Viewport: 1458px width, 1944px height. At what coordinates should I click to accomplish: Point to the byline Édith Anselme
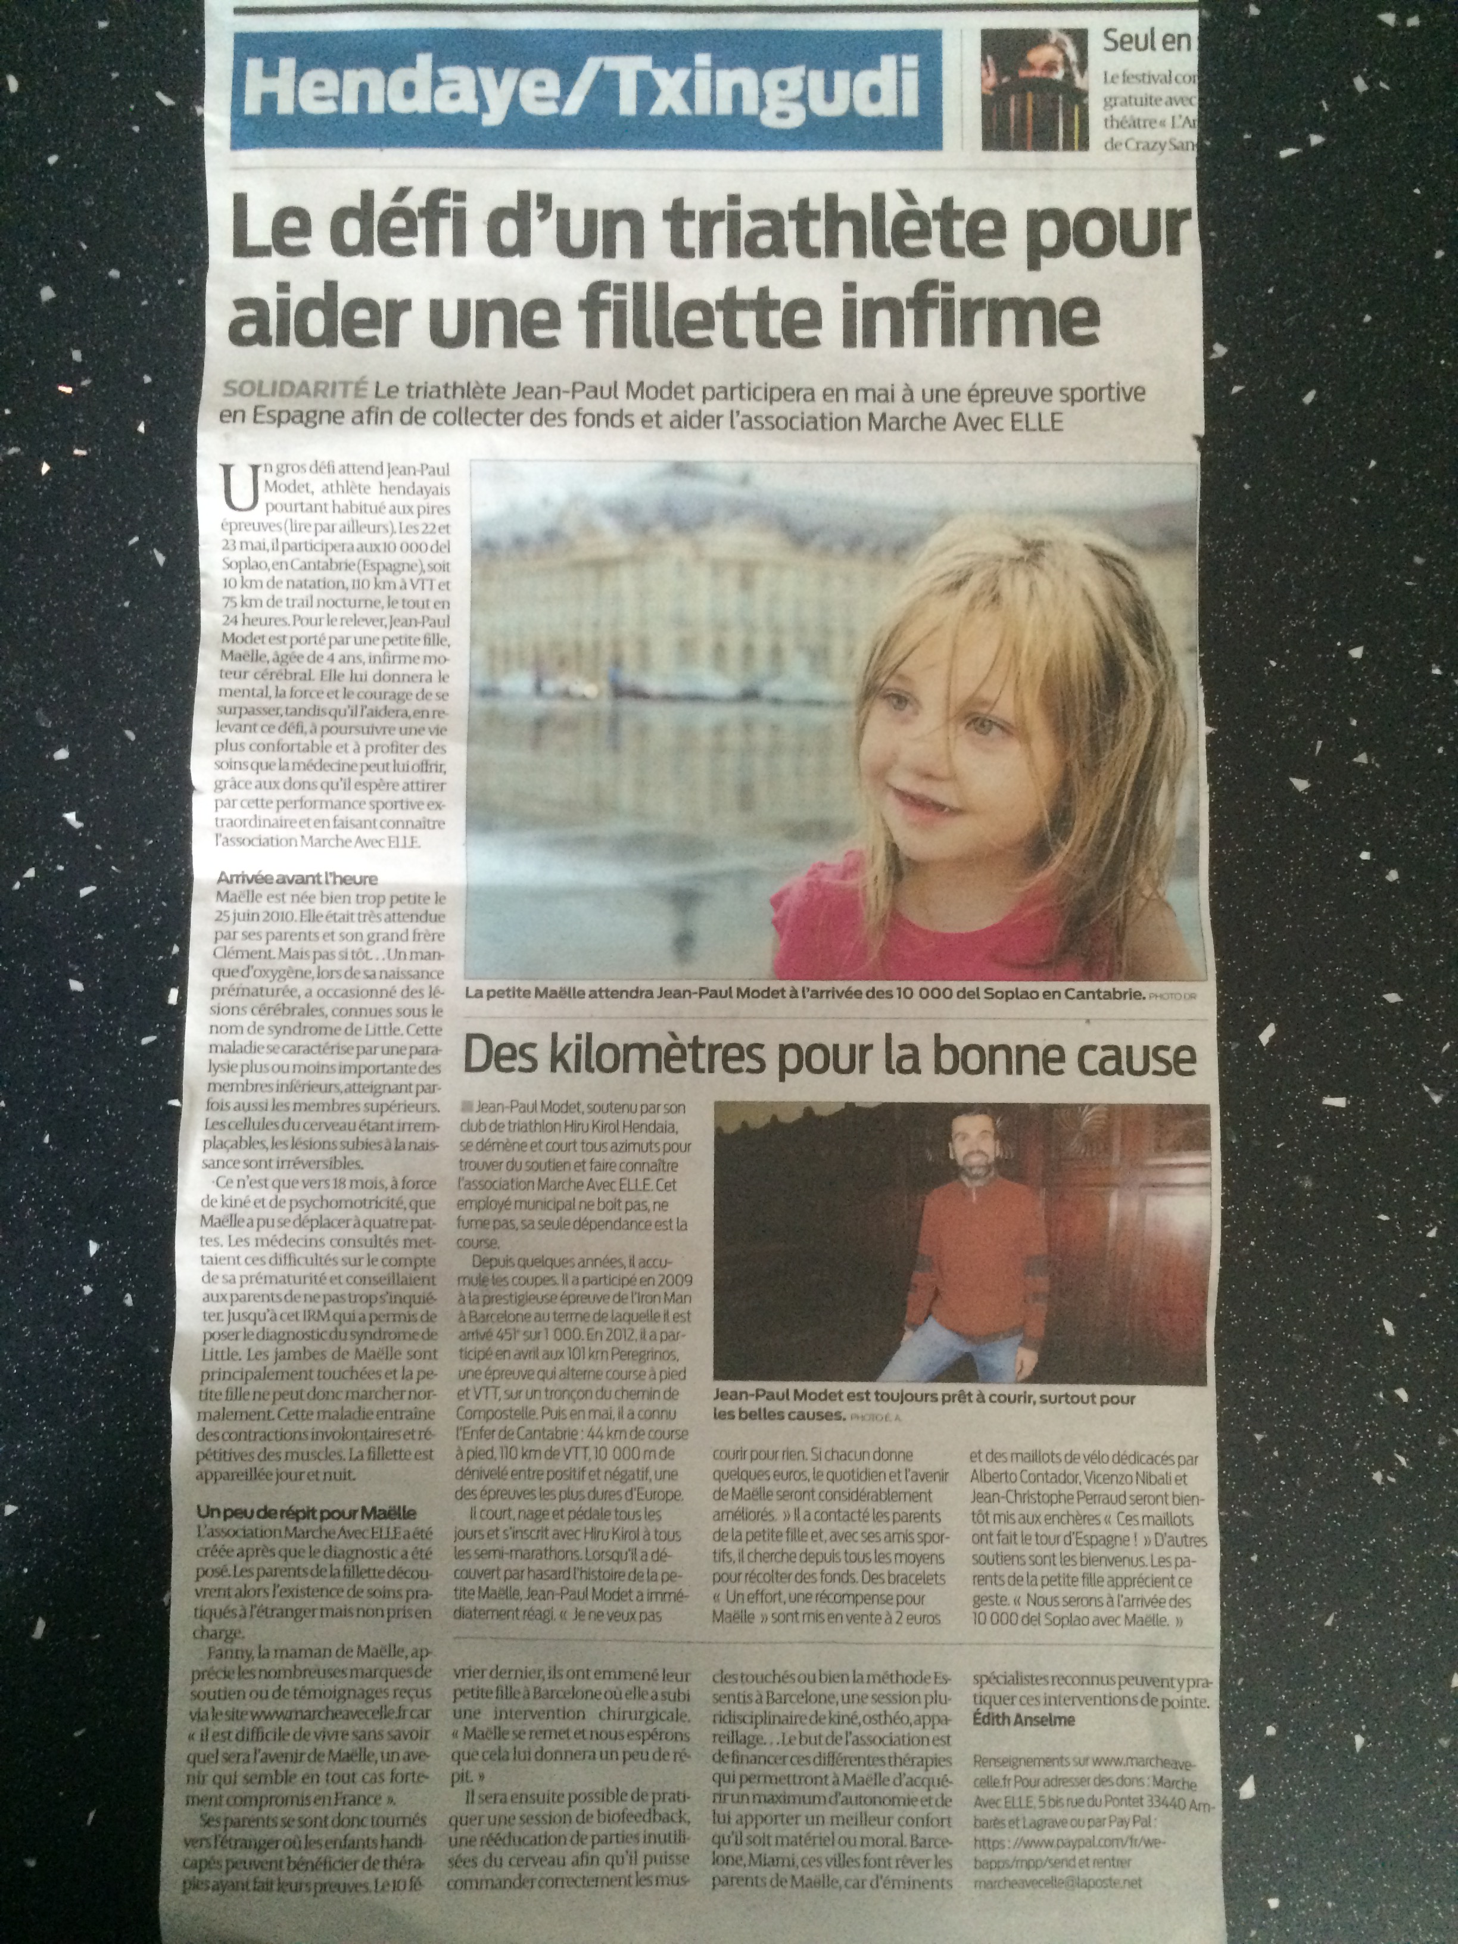1023,1720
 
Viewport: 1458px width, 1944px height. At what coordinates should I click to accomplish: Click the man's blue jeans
940,1353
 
